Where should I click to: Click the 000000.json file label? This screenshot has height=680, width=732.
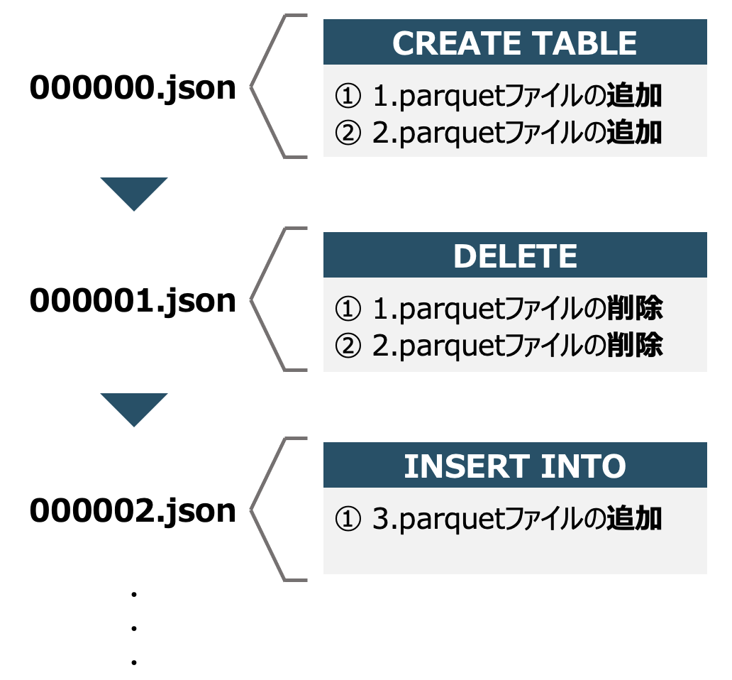(x=133, y=88)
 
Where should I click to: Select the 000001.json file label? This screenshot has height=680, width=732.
(x=133, y=300)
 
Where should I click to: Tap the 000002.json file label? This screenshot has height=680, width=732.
(x=133, y=510)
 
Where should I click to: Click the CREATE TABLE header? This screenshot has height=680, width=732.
(x=515, y=43)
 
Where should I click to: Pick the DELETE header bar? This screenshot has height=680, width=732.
(x=515, y=256)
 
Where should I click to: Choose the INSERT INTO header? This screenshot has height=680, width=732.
(x=515, y=466)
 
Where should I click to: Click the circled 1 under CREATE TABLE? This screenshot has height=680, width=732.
(x=347, y=97)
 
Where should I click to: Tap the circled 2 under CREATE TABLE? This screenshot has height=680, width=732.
(x=347, y=133)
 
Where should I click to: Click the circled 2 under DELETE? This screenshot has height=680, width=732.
(x=347, y=346)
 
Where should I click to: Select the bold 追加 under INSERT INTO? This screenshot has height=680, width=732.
(x=634, y=520)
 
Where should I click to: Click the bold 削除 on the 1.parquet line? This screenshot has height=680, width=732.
(x=634, y=309)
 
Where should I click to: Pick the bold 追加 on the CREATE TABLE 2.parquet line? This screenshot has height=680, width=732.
(x=634, y=133)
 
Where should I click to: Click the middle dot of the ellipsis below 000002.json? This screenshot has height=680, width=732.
(x=133, y=628)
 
